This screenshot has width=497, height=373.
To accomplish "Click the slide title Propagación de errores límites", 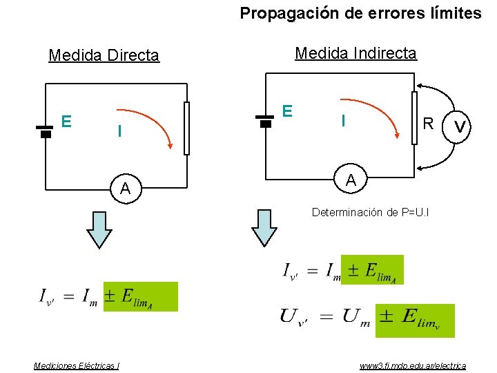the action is coord(360,13).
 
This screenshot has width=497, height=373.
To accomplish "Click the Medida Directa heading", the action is coord(104,55).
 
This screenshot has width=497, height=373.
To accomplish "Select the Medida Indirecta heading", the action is coord(355,53).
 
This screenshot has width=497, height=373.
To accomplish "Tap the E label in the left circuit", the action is coord(66,122).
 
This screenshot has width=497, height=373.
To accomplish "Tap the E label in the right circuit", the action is coord(288,111).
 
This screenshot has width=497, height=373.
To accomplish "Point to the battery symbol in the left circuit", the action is coord(45,131).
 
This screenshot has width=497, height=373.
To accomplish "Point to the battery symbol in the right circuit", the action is coord(264,119).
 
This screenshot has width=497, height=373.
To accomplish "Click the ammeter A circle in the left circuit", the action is coord(125,188).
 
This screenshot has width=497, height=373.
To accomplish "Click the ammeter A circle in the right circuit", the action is coord(351,180).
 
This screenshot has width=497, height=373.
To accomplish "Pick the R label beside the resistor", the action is coord(429,124).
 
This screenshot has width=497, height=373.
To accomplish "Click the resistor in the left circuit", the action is coord(186,128).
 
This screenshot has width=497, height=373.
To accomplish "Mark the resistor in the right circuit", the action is coord(414,118).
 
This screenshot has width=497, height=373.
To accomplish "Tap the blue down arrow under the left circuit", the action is coord(99,229).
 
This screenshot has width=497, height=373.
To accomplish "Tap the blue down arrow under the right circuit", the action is coord(264,227).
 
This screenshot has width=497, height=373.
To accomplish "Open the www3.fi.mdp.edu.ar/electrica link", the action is coord(413,365).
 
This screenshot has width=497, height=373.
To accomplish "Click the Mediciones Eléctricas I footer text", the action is coord(77,365).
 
